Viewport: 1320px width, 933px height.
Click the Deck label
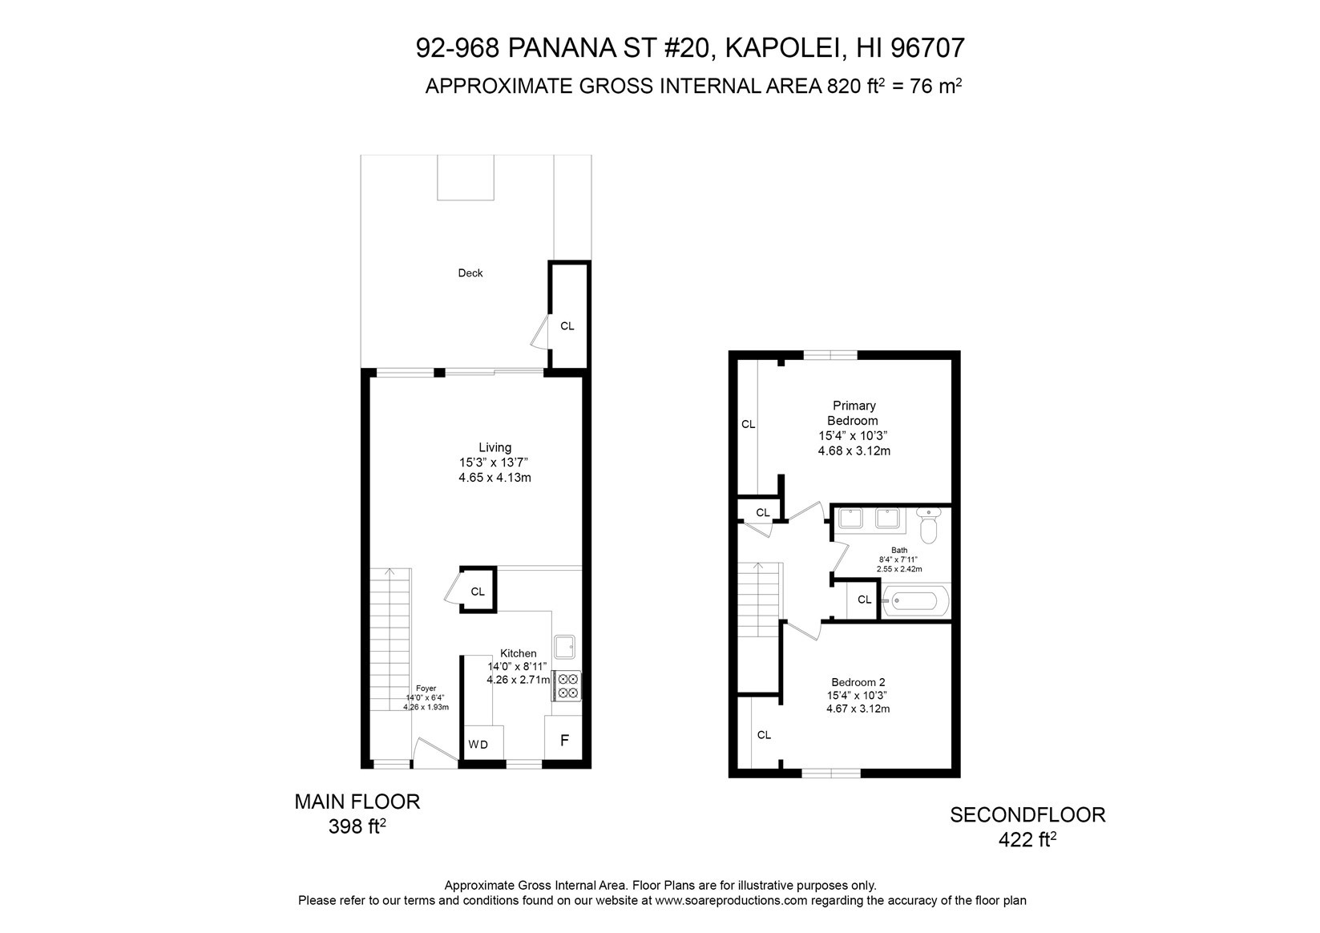pos(470,273)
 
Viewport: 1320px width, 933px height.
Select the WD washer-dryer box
pos(484,742)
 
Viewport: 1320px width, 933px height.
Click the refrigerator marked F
pos(563,738)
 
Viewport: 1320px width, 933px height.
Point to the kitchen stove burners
pos(567,686)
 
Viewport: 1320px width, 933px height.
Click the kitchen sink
pos(564,647)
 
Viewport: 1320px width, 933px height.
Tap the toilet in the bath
pos(929,525)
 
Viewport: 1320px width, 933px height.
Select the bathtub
pos(915,600)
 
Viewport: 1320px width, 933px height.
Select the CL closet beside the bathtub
pos(864,600)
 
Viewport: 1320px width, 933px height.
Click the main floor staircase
pos(390,640)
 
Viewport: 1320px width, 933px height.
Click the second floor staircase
pos(759,600)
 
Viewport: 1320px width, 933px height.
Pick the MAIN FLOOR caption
pos(357,802)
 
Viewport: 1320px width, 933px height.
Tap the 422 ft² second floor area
pos(1027,839)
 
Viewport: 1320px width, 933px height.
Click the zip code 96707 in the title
pos(927,48)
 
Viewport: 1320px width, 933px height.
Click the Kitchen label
pos(518,653)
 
